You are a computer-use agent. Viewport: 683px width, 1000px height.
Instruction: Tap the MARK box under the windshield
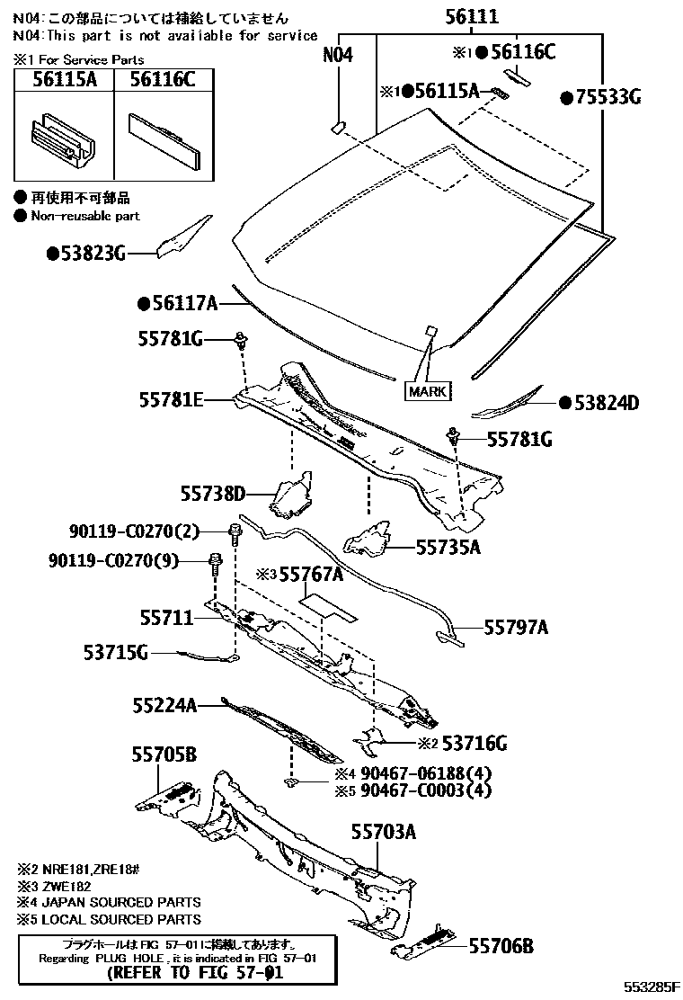coord(428,391)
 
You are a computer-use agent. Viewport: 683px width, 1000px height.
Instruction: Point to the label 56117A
coord(182,305)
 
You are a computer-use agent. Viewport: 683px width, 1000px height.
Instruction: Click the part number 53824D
coord(603,403)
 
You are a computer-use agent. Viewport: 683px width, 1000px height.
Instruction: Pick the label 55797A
coord(516,628)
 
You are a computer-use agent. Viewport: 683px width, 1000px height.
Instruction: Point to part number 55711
coord(166,618)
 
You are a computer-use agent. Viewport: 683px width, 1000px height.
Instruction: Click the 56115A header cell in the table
coord(64,80)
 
